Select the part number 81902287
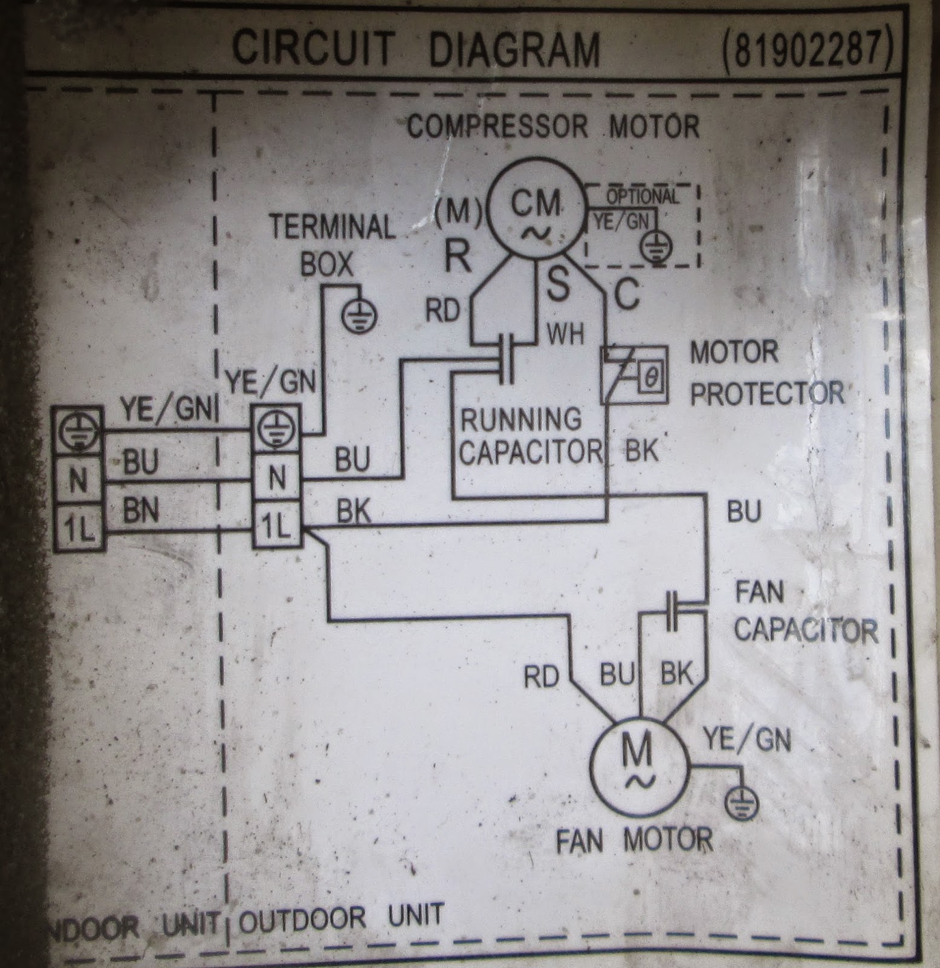pos(805,48)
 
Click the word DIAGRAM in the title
pos(514,48)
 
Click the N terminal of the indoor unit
pos(79,481)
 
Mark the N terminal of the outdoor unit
pos(276,480)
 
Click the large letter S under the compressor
pos(557,286)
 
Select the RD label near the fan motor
pos(541,677)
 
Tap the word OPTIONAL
pos(642,197)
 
